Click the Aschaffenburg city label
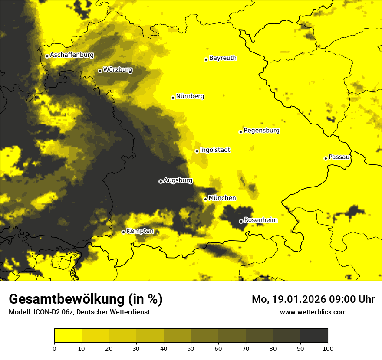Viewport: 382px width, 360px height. coord(72,55)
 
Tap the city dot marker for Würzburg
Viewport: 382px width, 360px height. coord(100,71)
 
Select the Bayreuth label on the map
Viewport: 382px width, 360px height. coord(223,58)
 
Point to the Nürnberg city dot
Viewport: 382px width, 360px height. coord(173,98)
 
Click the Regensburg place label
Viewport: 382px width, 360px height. coord(261,130)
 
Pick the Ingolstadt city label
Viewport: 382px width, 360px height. coord(215,150)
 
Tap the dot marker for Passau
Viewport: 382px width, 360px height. coord(326,158)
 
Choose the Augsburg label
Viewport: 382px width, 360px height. coord(178,180)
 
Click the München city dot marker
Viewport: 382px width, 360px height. coord(205,199)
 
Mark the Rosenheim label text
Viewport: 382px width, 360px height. coord(260,220)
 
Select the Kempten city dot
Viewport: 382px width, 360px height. coord(123,232)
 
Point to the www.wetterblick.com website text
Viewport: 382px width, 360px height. coord(313,312)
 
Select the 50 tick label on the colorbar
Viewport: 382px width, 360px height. coord(191,348)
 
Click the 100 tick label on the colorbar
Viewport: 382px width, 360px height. coord(328,348)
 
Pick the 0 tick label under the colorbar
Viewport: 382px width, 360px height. coord(54,348)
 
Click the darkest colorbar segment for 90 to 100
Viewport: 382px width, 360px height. coord(314,336)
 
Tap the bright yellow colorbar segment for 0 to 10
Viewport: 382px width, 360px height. coord(68,336)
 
